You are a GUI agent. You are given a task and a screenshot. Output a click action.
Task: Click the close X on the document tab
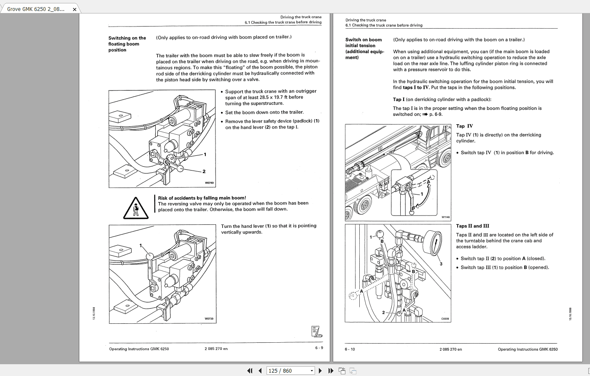pos(75,9)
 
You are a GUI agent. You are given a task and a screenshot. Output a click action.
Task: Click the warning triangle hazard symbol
pos(136,208)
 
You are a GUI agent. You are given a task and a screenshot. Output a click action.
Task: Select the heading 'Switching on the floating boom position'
pos(127,44)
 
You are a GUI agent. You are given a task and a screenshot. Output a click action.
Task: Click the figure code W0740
pos(209,183)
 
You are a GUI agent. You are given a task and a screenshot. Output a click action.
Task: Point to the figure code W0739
pos(209,319)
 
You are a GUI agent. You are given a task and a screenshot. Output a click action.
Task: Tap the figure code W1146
pos(445,217)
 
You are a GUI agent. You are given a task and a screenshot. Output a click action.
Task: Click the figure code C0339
pos(445,319)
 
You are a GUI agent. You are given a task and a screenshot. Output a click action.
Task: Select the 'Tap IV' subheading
pos(464,126)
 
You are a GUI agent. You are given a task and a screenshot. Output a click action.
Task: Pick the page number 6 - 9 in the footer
pos(319,348)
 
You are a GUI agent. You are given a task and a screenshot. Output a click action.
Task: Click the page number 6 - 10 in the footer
pos(350,349)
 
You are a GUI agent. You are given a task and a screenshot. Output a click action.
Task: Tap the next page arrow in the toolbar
pos(321,371)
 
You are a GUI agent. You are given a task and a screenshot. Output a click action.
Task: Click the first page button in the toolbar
pos(250,371)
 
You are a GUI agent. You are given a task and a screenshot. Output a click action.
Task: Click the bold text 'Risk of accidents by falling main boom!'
pos(202,198)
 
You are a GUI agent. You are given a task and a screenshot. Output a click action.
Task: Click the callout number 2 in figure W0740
pos(204,171)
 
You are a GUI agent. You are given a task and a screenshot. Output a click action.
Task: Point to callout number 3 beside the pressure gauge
pos(441,264)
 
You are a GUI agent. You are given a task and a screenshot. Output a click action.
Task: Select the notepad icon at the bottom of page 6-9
pos(317,332)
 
